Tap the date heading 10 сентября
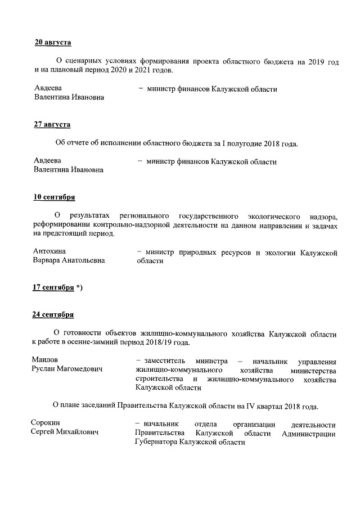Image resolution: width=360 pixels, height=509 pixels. (55, 197)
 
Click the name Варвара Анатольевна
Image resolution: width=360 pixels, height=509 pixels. (69, 261)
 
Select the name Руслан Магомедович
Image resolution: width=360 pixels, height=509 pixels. (70, 370)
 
